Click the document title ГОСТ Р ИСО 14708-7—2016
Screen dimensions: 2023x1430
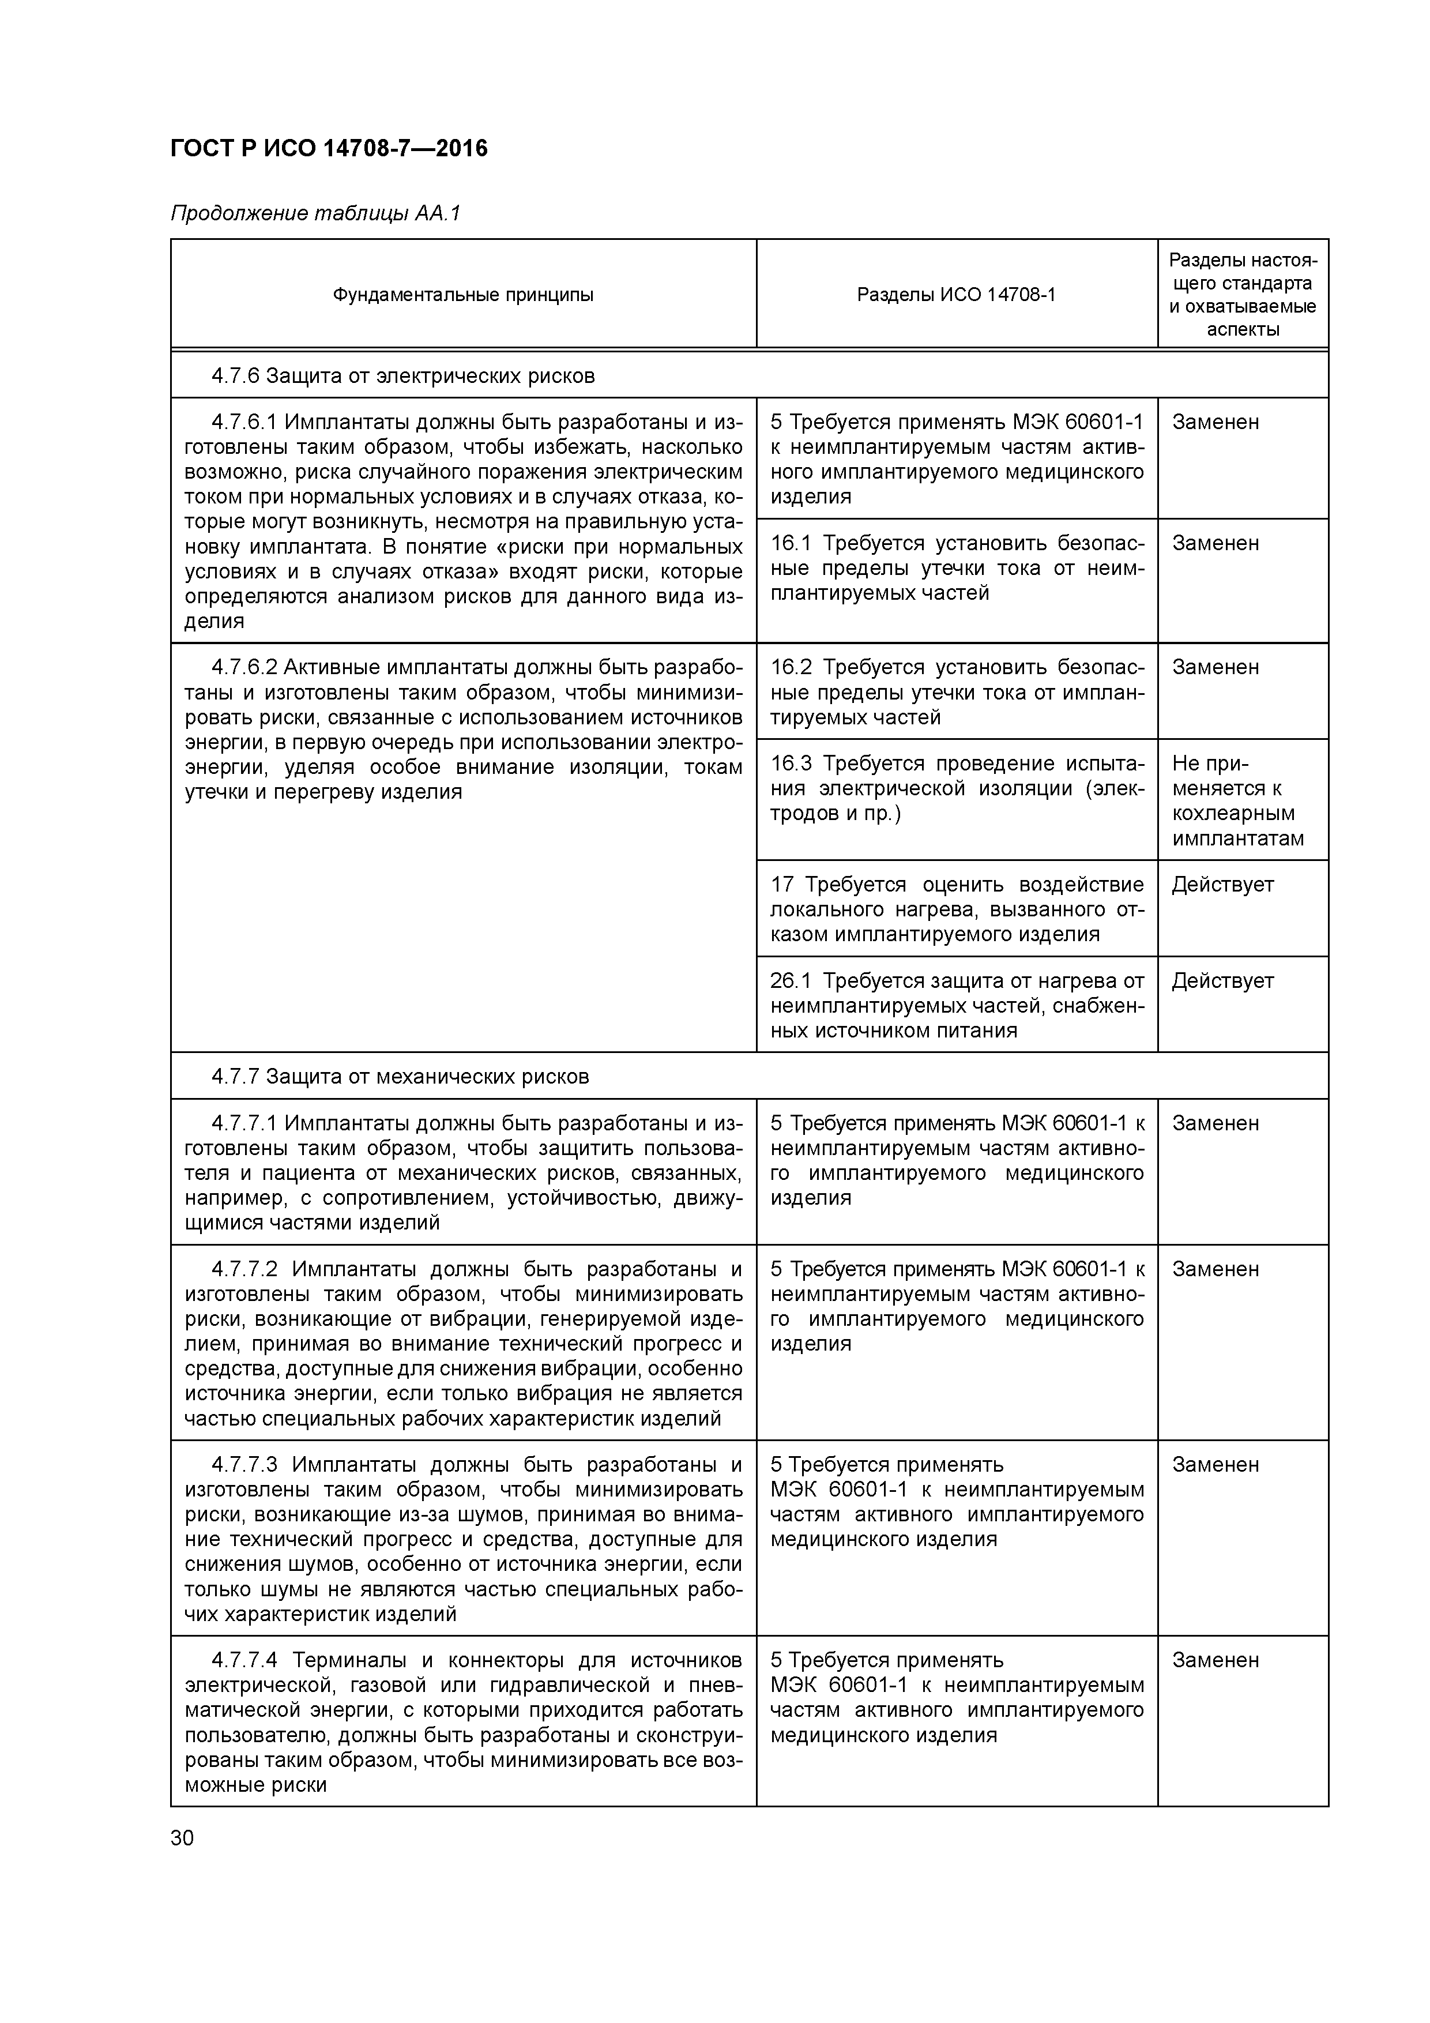click(x=329, y=148)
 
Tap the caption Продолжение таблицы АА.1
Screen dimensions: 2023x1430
click(x=315, y=214)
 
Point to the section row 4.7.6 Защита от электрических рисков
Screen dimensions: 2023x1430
click(x=402, y=376)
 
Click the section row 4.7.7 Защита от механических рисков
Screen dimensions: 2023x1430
click(x=400, y=1077)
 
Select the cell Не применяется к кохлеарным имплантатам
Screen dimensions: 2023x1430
click(x=1237, y=800)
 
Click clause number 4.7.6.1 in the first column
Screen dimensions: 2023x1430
click(x=244, y=422)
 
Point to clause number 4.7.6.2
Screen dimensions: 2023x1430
click(x=244, y=668)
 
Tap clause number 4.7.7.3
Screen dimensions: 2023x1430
click(x=244, y=1464)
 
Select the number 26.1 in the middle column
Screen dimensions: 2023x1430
click(x=791, y=981)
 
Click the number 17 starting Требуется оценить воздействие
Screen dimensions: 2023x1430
click(x=782, y=885)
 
